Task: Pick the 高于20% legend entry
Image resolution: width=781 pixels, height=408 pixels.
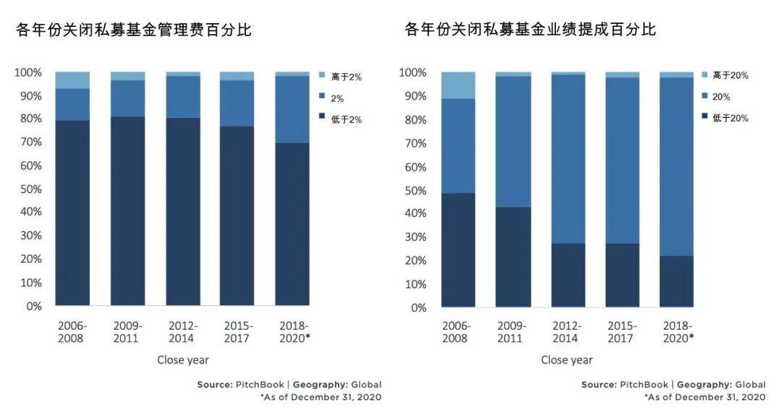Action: click(730, 75)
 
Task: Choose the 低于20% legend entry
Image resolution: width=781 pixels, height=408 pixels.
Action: click(730, 118)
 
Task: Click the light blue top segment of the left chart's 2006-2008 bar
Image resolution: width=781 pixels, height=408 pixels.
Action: click(72, 80)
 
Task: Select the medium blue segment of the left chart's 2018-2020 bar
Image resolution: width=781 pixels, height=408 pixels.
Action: click(293, 109)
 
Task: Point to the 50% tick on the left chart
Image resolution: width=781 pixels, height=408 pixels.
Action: click(31, 189)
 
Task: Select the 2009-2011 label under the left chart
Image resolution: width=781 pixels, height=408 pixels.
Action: click(128, 332)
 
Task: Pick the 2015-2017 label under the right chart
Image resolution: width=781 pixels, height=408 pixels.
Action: click(622, 332)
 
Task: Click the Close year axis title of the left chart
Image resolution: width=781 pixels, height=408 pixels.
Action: click(183, 360)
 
